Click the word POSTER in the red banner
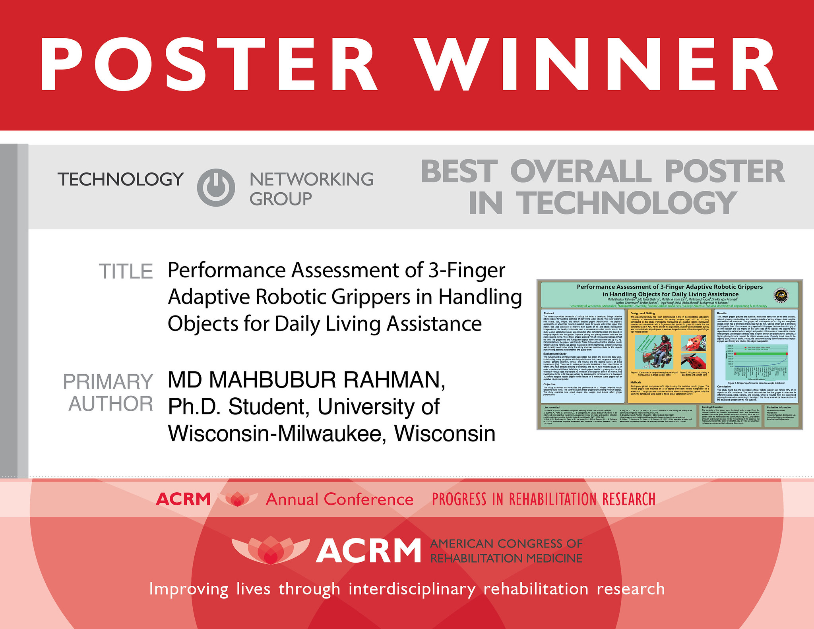pos(208,64)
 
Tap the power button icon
pos(216,188)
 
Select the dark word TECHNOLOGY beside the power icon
pos(121,180)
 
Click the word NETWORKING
pos(311,180)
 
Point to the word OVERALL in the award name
pos(581,172)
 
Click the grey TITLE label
pos(126,272)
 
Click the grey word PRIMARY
pos(108,382)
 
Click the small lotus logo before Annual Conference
pos(237,499)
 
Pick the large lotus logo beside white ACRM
pos(270,550)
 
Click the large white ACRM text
pos(368,551)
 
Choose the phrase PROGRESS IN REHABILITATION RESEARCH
pos(543,499)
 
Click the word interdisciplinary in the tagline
pos(412,589)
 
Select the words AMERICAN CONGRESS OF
pos(506,543)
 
